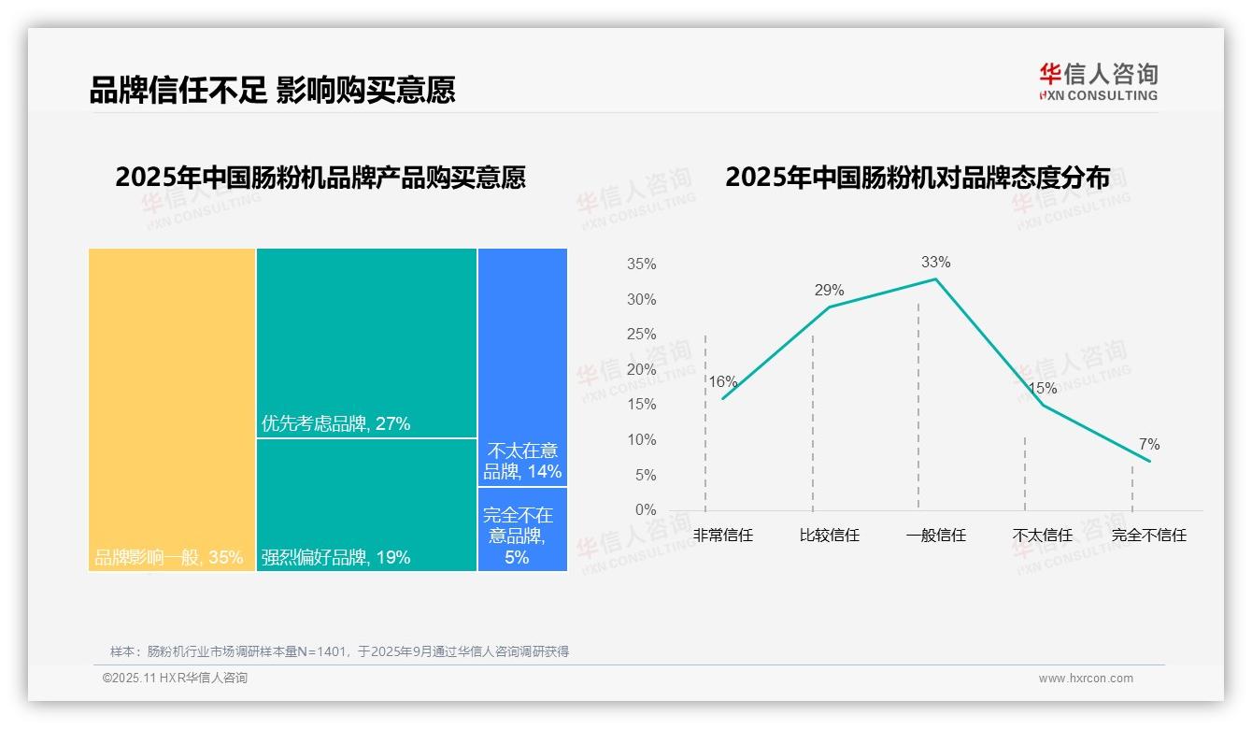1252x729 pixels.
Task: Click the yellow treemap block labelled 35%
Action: (172, 409)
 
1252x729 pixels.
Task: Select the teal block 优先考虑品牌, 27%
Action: (366, 342)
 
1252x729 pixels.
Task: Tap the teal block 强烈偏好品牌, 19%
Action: (366, 505)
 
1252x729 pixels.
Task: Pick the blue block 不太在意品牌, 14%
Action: (522, 366)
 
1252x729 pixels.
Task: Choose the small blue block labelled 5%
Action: (522, 529)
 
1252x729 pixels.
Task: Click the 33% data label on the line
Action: (935, 262)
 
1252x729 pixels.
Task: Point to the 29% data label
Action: (829, 290)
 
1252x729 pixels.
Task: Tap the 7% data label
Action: (1149, 444)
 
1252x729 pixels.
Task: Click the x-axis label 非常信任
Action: (723, 536)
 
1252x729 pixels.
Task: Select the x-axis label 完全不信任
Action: (1149, 536)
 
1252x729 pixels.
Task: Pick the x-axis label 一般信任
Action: (935, 536)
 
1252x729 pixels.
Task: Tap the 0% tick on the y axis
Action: (645, 509)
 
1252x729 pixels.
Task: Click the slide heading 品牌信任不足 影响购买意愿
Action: (272, 90)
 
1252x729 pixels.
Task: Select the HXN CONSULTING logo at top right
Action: (1098, 82)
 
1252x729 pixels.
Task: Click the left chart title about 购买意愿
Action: (320, 177)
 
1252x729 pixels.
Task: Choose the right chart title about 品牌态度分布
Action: (918, 177)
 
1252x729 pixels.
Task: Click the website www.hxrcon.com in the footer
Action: (1086, 679)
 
